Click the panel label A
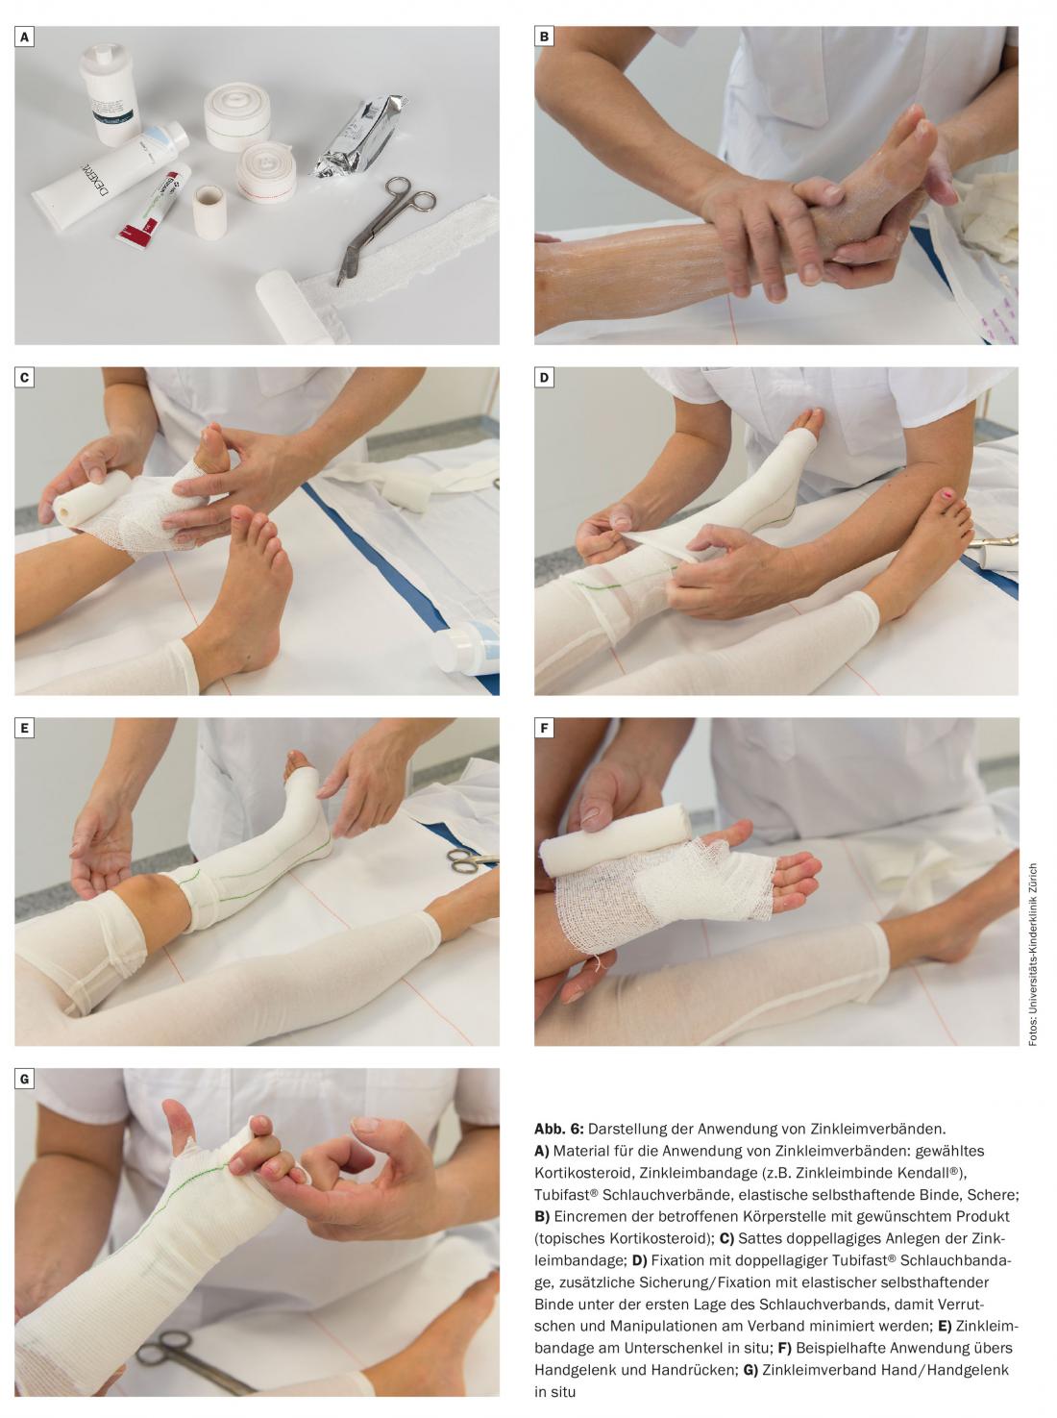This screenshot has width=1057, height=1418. (x=25, y=37)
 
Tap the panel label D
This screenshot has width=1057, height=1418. (x=544, y=378)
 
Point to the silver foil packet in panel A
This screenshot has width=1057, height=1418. (x=359, y=136)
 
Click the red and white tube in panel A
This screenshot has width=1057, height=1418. (x=154, y=204)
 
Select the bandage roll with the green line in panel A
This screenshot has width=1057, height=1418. (x=237, y=116)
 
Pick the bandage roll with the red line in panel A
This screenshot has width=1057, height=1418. (x=265, y=172)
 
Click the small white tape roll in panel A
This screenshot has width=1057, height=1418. (x=209, y=212)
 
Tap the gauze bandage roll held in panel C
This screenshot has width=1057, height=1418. (x=90, y=497)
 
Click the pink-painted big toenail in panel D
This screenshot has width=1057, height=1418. (x=948, y=495)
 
